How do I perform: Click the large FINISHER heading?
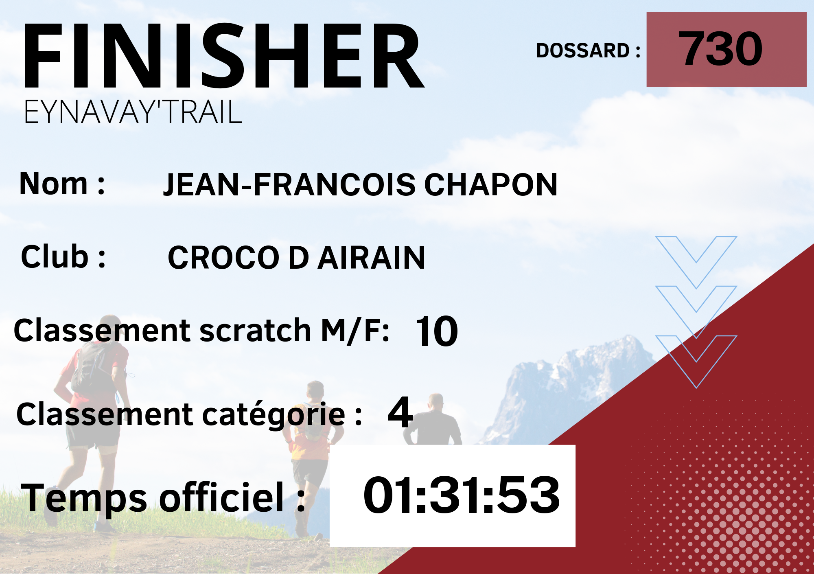coord(224,55)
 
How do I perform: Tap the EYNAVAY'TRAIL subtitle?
coord(133,112)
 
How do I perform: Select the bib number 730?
coord(720,49)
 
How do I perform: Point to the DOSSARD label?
coord(588,50)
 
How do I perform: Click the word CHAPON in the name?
coord(491,184)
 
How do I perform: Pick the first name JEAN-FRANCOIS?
coord(289,184)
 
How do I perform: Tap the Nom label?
coord(62,184)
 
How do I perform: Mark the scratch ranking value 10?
coord(437,331)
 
